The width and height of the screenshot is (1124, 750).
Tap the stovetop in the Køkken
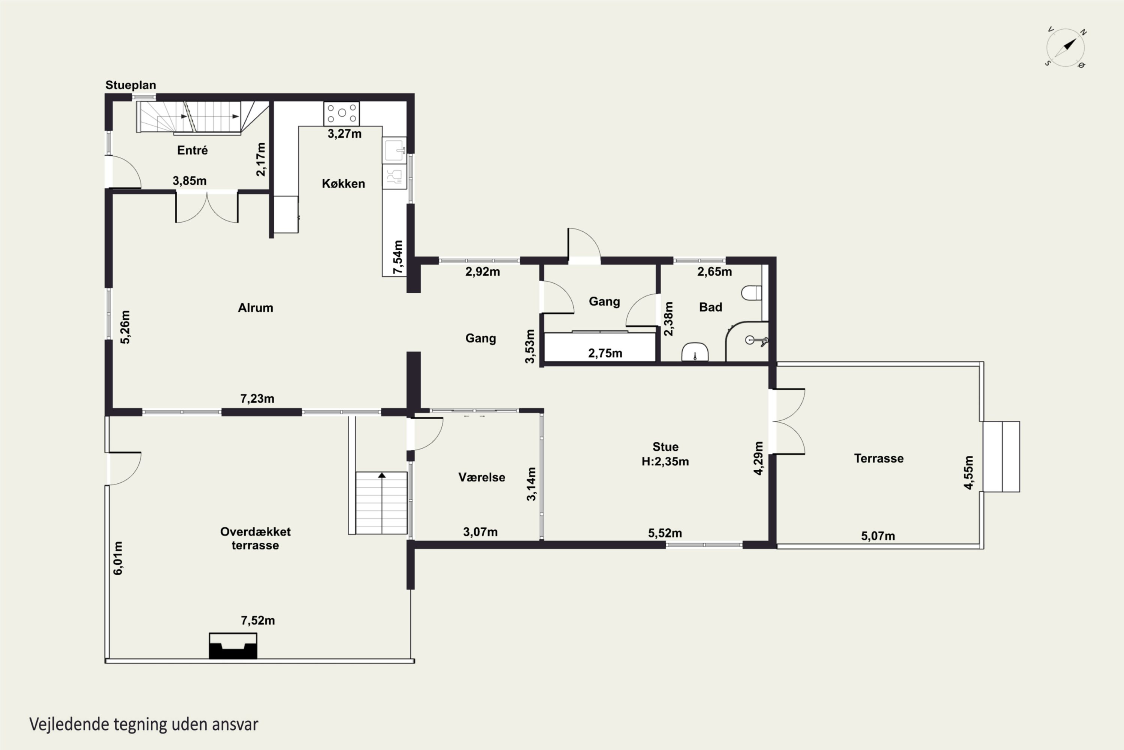[342, 113]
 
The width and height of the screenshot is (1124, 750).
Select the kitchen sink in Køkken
[394, 151]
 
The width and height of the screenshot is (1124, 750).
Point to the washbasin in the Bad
[695, 352]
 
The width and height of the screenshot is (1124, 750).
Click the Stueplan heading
[130, 85]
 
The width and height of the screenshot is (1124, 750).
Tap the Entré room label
[193, 150]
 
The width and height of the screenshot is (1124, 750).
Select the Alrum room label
[256, 307]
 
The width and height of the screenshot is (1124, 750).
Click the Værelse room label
[482, 477]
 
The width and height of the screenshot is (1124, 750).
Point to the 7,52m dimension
[258, 620]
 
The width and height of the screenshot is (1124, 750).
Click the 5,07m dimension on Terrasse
[878, 536]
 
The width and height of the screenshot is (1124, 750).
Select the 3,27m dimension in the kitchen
[345, 134]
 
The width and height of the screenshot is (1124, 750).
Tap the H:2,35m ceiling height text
[665, 462]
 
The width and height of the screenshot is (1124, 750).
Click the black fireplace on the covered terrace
[233, 646]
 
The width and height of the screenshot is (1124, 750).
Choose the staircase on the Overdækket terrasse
[381, 503]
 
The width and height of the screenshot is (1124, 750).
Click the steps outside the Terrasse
[1001, 456]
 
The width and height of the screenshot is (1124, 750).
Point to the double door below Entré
[207, 207]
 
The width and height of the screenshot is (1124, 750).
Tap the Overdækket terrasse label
[255, 538]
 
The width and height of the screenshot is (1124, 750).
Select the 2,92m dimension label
[483, 271]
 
